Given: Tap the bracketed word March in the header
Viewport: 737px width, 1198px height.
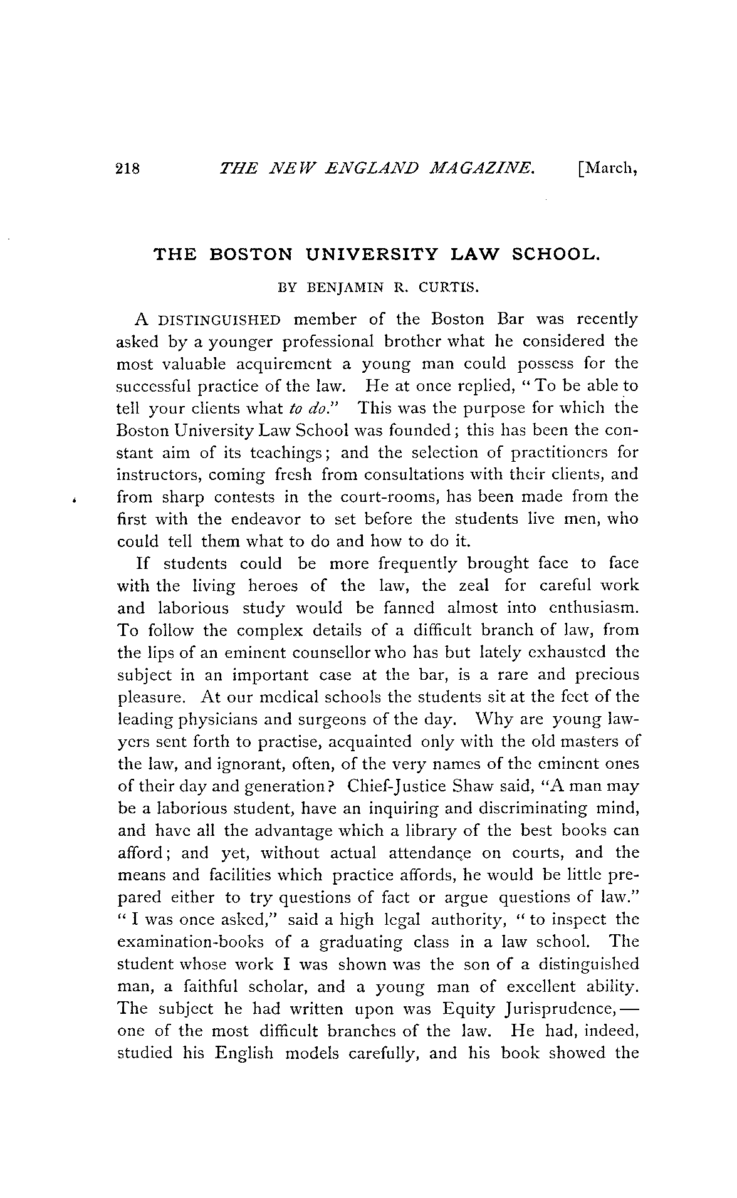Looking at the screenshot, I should pos(606,169).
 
